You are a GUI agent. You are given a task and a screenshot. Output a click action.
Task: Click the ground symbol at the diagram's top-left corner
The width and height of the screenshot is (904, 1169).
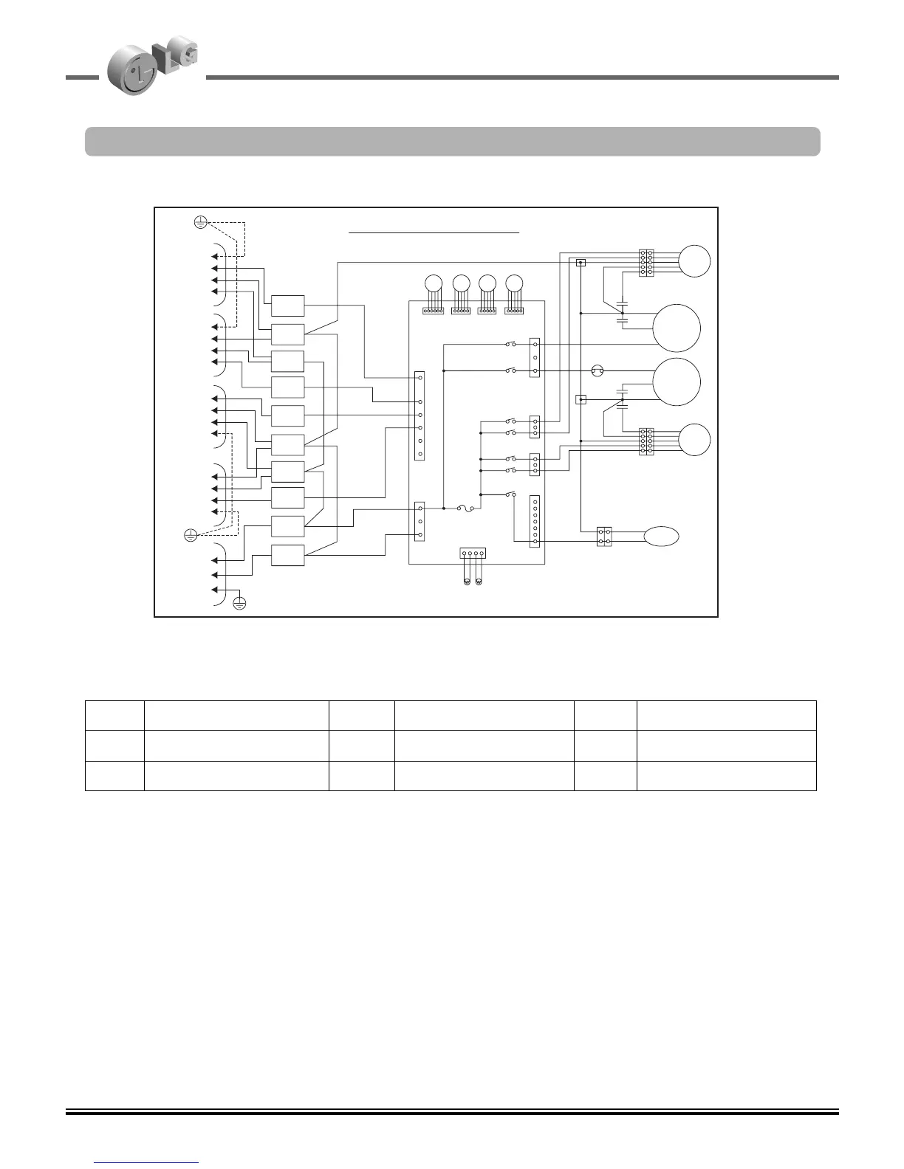click(199, 221)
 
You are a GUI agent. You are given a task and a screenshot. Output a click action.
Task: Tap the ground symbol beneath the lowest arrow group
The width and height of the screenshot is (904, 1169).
click(239, 603)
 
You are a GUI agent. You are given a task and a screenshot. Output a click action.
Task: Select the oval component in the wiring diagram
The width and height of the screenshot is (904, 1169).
click(662, 537)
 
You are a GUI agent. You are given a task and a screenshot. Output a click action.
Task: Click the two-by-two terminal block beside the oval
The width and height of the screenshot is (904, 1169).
click(605, 537)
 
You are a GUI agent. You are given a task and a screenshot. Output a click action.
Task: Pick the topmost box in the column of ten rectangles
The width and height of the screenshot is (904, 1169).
click(287, 306)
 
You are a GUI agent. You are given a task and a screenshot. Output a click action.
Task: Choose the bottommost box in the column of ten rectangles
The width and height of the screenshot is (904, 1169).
click(287, 555)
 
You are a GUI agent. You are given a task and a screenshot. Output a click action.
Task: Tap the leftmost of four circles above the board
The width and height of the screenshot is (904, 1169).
click(433, 283)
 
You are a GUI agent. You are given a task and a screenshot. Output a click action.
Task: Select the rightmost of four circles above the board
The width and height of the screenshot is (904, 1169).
click(514, 283)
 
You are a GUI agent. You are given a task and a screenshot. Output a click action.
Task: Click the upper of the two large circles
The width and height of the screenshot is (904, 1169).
click(677, 328)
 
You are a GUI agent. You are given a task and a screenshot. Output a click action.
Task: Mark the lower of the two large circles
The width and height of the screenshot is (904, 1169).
click(677, 382)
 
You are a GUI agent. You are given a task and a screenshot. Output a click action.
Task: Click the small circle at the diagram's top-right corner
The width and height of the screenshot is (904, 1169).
click(694, 261)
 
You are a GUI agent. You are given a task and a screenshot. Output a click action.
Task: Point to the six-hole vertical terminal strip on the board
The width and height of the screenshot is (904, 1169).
click(420, 415)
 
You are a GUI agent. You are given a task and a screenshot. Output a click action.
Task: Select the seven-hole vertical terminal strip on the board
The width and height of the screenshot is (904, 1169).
click(535, 522)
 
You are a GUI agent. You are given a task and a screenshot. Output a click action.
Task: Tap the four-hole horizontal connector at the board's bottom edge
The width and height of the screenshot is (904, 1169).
click(473, 552)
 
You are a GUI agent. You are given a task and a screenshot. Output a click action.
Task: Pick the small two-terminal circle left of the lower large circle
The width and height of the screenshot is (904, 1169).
click(598, 370)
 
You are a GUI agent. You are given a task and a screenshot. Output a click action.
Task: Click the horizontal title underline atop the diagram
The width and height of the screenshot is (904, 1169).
click(434, 232)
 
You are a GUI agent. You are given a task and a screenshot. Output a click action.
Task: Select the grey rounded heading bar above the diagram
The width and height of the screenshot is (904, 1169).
click(452, 142)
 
